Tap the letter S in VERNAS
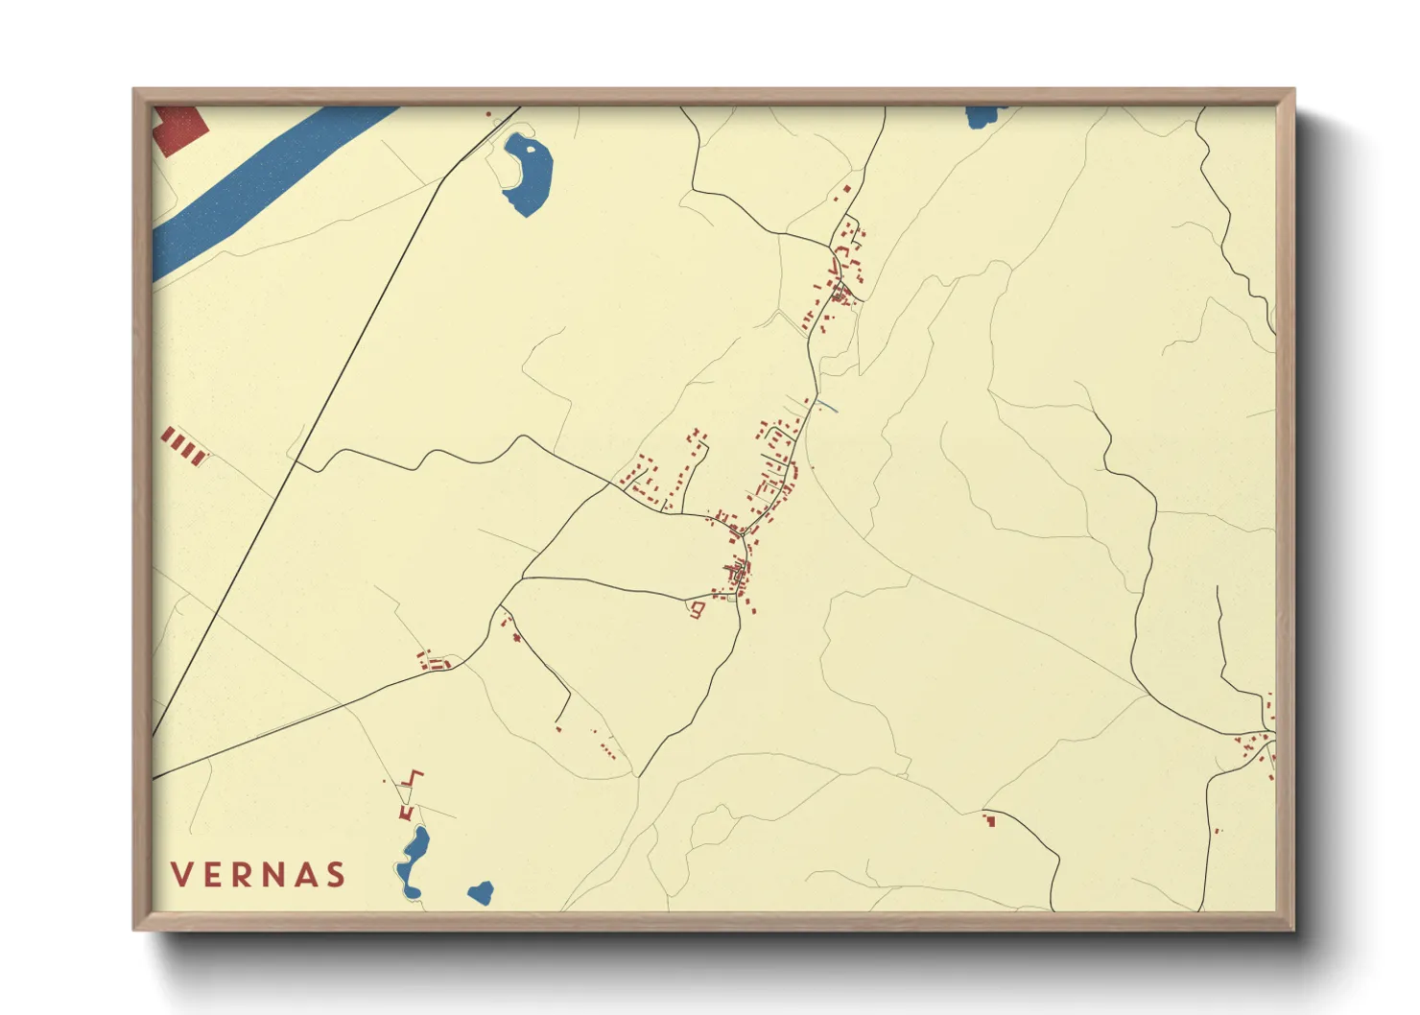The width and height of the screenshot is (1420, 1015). [335, 875]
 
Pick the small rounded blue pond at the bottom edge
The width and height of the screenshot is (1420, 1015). [481, 894]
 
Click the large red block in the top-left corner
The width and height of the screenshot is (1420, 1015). [179, 130]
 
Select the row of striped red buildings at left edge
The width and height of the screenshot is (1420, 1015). [183, 446]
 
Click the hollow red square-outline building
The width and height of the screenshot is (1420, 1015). [698, 609]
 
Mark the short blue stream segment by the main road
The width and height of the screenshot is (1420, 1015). [828, 408]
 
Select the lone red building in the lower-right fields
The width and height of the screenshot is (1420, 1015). [988, 819]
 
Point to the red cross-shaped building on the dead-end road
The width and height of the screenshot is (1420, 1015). [517, 637]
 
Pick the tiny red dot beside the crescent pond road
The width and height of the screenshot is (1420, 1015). [488, 115]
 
